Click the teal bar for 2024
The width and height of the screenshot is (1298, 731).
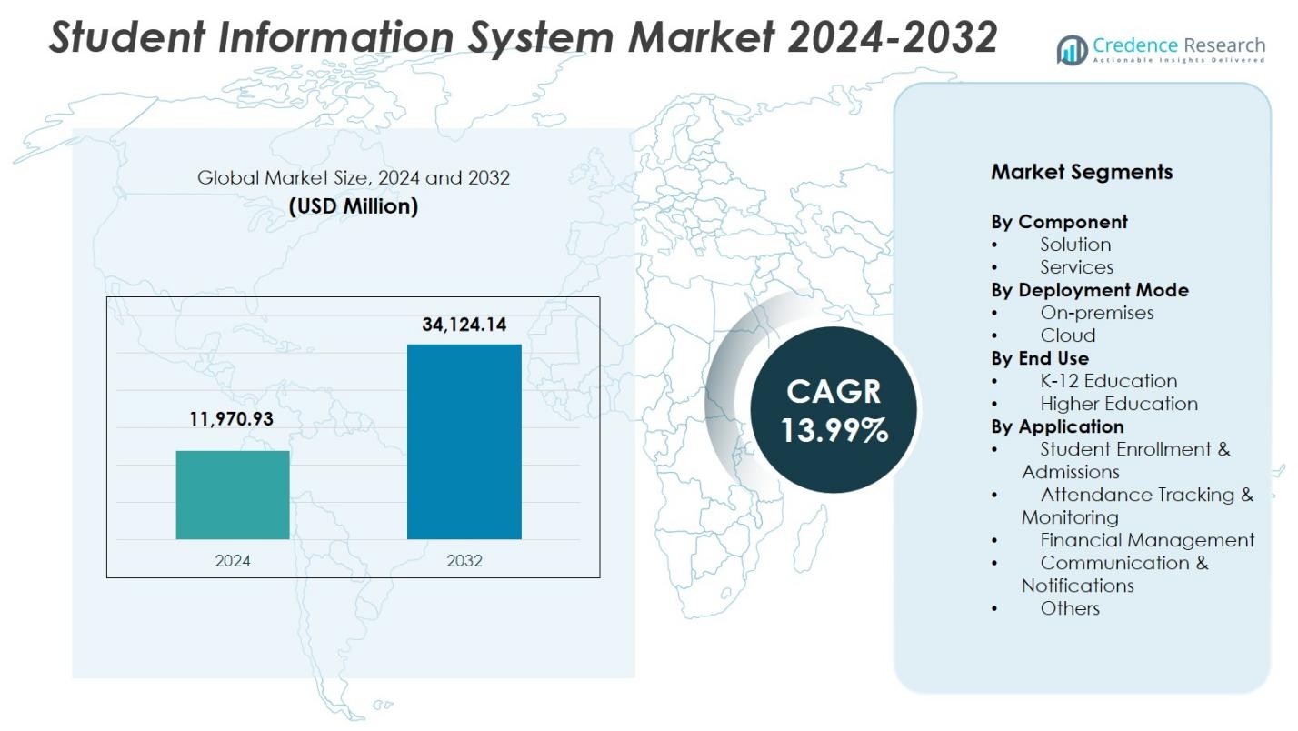click(x=233, y=495)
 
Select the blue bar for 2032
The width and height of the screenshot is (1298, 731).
click(x=464, y=442)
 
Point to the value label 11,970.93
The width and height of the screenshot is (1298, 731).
click(x=231, y=419)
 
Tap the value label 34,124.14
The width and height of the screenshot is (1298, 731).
click(x=464, y=325)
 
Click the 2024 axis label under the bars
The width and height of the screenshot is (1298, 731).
click(x=233, y=560)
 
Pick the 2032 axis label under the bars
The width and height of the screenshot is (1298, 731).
click(x=464, y=560)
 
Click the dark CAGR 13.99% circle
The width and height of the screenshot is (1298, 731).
click(x=834, y=410)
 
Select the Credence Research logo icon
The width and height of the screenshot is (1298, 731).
click(x=1073, y=49)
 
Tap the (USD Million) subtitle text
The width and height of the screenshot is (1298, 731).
click(x=354, y=206)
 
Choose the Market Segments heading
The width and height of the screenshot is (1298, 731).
click(x=1082, y=172)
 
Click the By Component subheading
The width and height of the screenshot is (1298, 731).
click(x=1059, y=222)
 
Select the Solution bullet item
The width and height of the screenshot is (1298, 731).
click(x=1075, y=245)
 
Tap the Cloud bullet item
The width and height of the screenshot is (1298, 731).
click(x=1067, y=335)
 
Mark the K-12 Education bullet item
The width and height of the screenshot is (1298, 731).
click(x=1108, y=381)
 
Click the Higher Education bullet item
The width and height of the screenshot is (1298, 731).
click(x=1118, y=404)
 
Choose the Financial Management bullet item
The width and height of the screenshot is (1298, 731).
click(x=1146, y=540)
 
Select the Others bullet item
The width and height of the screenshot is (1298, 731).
click(x=1070, y=608)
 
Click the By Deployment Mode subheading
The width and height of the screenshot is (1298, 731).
click(x=1089, y=290)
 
